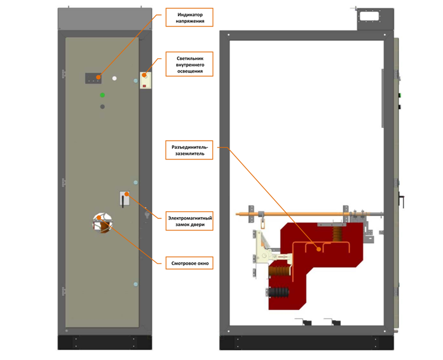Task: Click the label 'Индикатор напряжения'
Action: pos(189,17)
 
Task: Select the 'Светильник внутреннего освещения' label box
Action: pos(189,64)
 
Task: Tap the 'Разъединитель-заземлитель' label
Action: pos(189,150)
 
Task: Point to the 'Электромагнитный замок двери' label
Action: pos(189,221)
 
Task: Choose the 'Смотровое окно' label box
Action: pos(189,263)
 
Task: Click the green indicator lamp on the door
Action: pos(103,95)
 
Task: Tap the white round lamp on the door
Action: pos(114,79)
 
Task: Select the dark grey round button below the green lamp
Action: pos(103,107)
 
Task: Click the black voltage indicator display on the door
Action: pos(94,78)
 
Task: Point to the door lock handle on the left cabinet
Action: pos(123,202)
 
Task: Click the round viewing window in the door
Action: pos(103,223)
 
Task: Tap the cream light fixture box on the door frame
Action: pos(146,80)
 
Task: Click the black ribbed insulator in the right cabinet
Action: pos(278,293)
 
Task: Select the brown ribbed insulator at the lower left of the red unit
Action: pos(280,271)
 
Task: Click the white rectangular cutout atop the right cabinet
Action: pos(369,16)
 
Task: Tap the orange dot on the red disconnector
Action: pos(319,249)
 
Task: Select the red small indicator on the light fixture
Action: pos(144,86)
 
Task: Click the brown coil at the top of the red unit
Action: pos(337,233)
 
